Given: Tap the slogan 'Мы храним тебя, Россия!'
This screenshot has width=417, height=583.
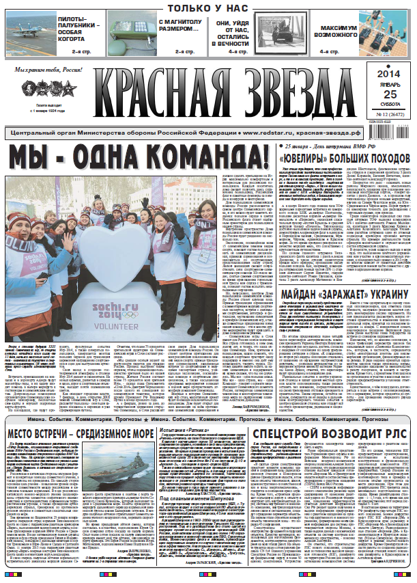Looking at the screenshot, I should [47, 70].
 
